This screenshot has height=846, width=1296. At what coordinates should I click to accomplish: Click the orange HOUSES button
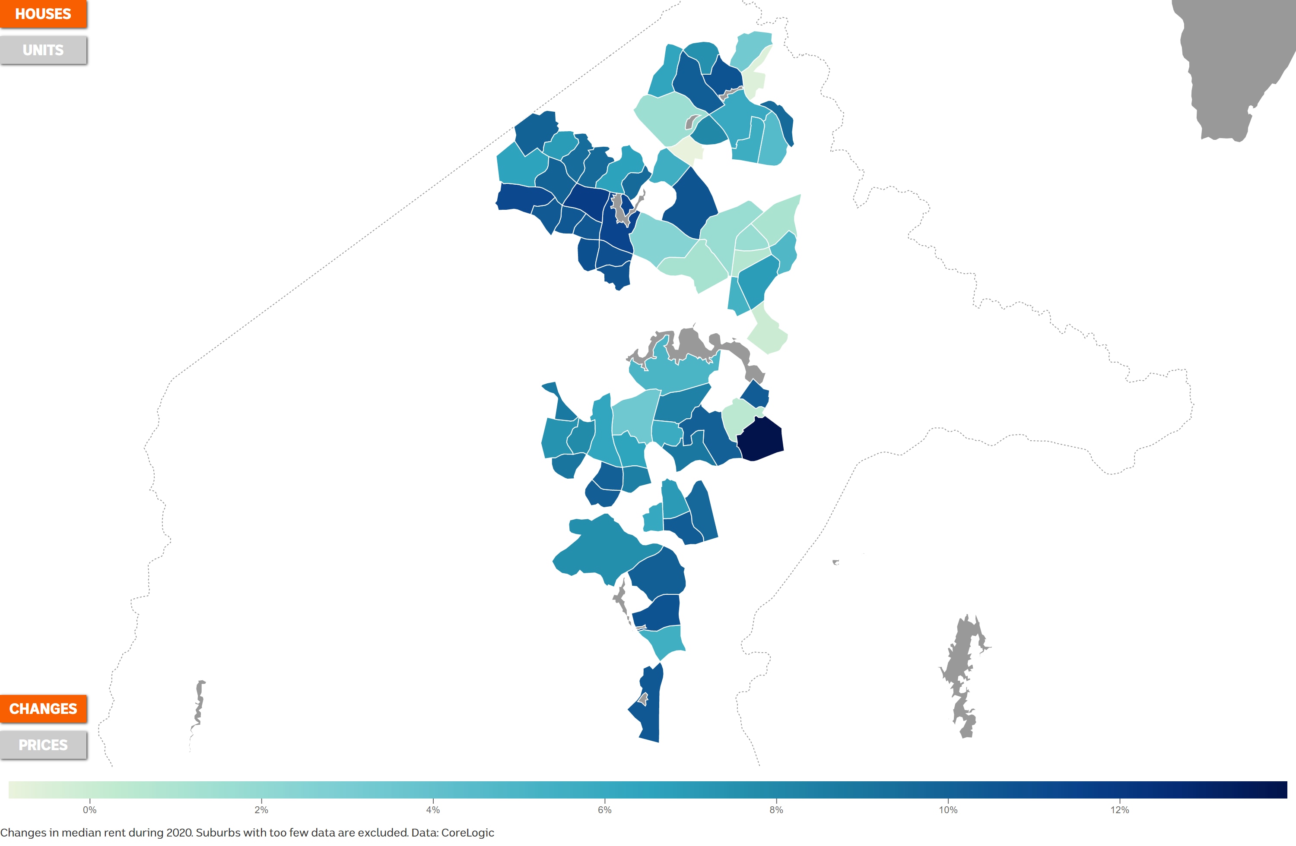click(43, 14)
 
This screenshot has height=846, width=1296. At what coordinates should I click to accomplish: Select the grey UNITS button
click(43, 50)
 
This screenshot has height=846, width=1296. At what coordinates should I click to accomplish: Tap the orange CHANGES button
click(43, 708)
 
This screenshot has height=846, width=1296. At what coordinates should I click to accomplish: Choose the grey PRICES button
click(43, 745)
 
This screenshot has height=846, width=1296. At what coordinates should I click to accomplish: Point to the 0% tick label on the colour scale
click(90, 810)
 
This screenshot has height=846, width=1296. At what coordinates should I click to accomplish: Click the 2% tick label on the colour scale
click(261, 810)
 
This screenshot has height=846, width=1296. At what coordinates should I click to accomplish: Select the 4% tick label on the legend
click(433, 810)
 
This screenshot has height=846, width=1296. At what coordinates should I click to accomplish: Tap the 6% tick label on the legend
click(604, 810)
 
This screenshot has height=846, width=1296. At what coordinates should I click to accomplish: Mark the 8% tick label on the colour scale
click(776, 810)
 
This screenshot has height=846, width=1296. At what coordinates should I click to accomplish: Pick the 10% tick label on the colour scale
click(947, 810)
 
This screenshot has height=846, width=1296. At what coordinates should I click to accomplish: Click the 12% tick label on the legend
click(1120, 810)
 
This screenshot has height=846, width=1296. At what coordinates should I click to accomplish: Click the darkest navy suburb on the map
click(761, 439)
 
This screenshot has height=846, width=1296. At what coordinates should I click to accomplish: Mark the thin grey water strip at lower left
click(199, 707)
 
